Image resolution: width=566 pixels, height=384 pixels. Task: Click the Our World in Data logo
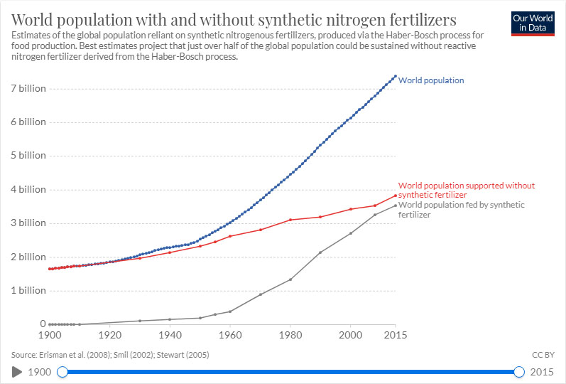533,23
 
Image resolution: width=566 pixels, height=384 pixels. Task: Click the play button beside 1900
16,372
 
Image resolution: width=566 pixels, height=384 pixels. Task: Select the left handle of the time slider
62,372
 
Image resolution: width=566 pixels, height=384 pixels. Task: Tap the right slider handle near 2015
519,372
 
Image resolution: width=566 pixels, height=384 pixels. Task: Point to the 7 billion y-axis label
28,89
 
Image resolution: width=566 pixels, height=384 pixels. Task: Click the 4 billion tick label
28,189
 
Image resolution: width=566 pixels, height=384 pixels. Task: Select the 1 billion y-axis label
28,291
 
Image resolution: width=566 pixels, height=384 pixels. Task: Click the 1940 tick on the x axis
170,335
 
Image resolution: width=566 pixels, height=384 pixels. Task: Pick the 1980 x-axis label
290,335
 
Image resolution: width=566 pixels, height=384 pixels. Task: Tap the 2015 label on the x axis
396,335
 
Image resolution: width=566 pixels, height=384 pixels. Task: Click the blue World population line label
431,80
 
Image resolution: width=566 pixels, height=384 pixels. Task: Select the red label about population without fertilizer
467,190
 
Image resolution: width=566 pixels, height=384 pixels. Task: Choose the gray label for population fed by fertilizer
462,210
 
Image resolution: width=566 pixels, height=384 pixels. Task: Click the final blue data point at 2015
396,76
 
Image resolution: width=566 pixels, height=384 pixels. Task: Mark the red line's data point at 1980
290,220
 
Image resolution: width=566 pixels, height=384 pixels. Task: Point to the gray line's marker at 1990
320,252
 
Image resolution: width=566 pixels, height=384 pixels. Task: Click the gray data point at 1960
230,311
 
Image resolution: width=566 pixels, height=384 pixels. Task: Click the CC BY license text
543,355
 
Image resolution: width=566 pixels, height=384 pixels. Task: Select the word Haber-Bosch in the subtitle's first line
409,36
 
